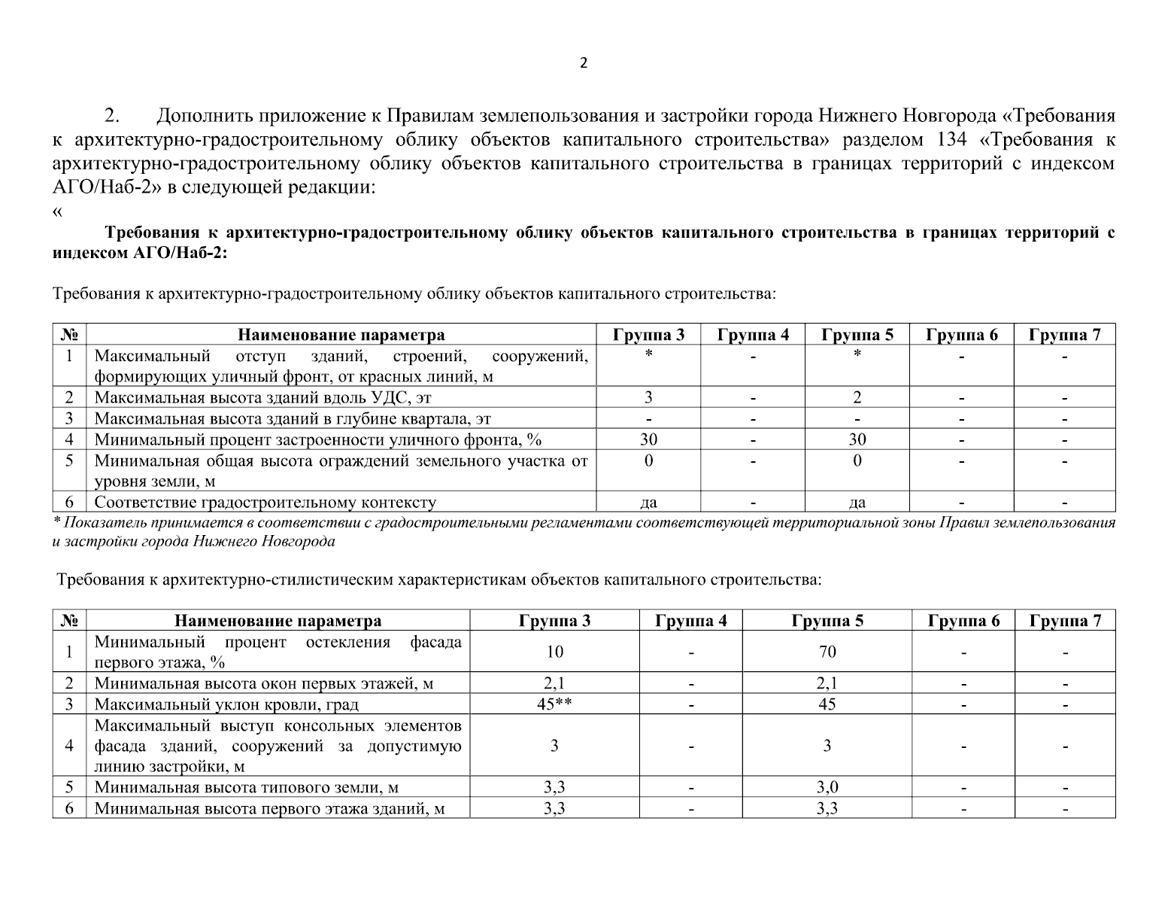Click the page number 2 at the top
tap(584, 63)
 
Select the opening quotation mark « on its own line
tap(57, 211)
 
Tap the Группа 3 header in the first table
tap(648, 335)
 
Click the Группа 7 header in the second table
tap(1065, 621)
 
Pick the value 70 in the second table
tap(827, 652)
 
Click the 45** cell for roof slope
tap(554, 704)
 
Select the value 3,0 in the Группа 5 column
tap(827, 788)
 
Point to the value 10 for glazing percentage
tap(554, 652)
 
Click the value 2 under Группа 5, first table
tap(857, 397)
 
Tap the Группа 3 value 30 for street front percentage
tap(648, 439)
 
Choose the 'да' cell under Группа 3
tap(648, 503)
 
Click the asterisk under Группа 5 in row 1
tap(857, 354)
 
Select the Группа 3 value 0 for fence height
tap(648, 461)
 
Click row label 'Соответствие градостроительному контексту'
tap(265, 503)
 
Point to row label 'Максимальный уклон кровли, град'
tap(226, 704)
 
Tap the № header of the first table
tap(69, 335)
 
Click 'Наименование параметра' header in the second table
tap(278, 621)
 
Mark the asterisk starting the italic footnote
tap(56, 521)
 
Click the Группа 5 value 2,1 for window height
tap(827, 683)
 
